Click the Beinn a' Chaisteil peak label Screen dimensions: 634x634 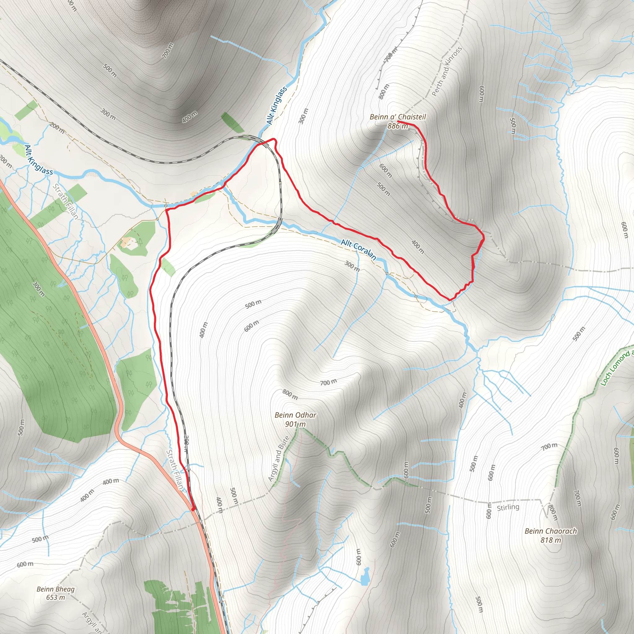398,117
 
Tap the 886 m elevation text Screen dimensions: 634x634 397,126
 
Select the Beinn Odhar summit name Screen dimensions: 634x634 295,415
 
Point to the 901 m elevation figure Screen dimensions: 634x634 295,424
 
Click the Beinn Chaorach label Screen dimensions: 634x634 551,531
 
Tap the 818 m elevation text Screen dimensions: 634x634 551,540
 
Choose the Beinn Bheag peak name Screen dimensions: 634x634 55,589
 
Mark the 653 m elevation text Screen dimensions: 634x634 55,597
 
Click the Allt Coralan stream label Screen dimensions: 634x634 358,249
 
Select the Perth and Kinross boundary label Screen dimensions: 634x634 447,71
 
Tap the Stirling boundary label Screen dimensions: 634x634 508,507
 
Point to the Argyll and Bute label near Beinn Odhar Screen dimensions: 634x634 279,458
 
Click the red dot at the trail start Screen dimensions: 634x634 193,509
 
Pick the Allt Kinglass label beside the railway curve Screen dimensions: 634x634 277,105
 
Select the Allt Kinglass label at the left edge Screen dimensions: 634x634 38,160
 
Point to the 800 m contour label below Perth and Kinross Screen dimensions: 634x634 384,92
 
